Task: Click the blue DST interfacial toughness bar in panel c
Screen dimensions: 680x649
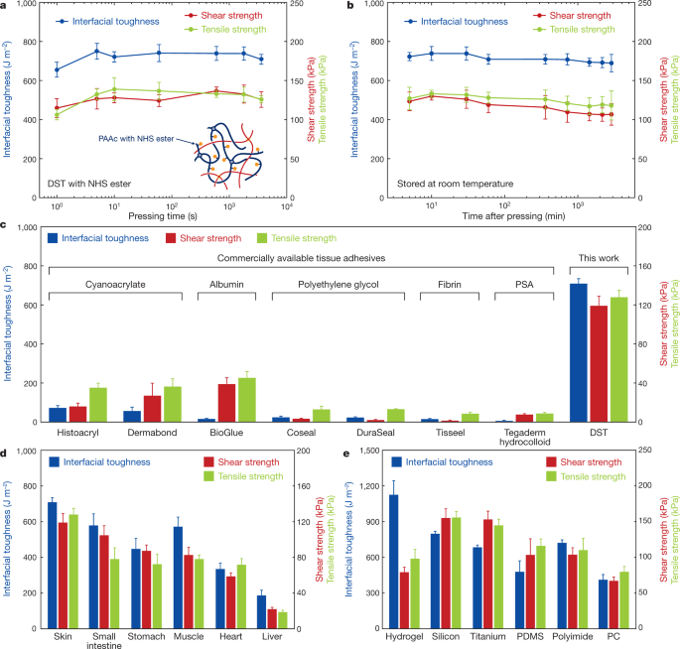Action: [578, 353]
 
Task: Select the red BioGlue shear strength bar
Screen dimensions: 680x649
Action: [226, 403]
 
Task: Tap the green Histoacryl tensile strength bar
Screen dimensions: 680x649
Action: [98, 405]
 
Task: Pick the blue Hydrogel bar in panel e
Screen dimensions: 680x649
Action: [394, 562]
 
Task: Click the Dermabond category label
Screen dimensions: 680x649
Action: [152, 433]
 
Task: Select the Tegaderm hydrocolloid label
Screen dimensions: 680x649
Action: [525, 437]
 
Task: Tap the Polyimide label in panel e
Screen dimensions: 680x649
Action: [573, 636]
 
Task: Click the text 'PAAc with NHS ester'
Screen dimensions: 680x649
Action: [136, 139]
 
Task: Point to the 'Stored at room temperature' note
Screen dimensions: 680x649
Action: [455, 184]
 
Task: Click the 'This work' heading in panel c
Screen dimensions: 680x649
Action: [599, 258]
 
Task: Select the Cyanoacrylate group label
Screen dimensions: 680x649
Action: [115, 285]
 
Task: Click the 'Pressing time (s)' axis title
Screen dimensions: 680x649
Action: [163, 216]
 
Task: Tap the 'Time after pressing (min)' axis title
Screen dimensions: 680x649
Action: [513, 216]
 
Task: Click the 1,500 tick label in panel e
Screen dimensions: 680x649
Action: [369, 451]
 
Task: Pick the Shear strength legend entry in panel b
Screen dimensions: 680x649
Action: [572, 16]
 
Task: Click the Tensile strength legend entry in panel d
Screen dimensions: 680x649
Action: [244, 476]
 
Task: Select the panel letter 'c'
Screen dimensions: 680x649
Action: [3, 225]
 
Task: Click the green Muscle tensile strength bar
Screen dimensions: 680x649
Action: [200, 593]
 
